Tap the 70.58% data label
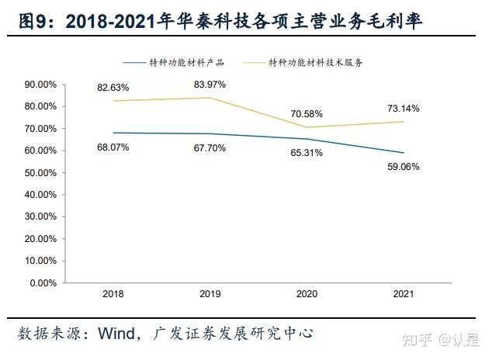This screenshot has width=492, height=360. [x=307, y=113]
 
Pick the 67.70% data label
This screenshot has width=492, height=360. [x=211, y=147]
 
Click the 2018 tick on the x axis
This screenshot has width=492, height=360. [x=113, y=295]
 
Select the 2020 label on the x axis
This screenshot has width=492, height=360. [x=307, y=295]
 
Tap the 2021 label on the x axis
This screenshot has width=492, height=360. [x=404, y=295]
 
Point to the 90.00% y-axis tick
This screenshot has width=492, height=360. [x=41, y=84]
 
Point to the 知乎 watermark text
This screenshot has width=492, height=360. [x=416, y=338]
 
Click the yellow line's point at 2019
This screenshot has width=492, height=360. [x=210, y=98]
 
